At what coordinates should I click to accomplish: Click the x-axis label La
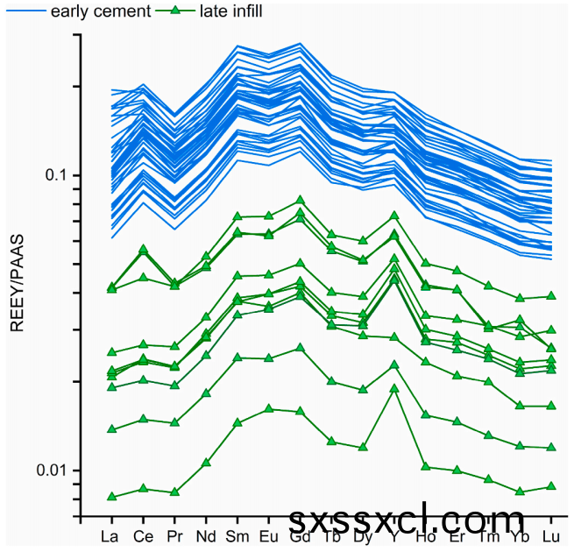click(x=110, y=536)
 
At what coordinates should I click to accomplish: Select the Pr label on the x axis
click(x=174, y=536)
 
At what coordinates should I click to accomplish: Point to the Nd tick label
click(x=206, y=536)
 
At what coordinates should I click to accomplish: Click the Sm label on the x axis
click(x=237, y=536)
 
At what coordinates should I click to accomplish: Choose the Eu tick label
click(x=268, y=536)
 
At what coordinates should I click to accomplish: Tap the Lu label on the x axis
click(x=551, y=536)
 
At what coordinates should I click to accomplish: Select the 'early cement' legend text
click(x=100, y=11)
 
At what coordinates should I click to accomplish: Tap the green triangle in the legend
click(x=174, y=11)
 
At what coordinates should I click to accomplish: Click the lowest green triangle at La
click(x=111, y=497)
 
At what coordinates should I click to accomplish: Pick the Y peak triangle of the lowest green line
click(x=394, y=388)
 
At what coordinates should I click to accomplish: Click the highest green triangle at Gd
click(x=300, y=201)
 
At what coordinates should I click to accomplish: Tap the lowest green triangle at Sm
click(x=237, y=422)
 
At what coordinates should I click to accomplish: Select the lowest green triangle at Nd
click(x=206, y=463)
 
